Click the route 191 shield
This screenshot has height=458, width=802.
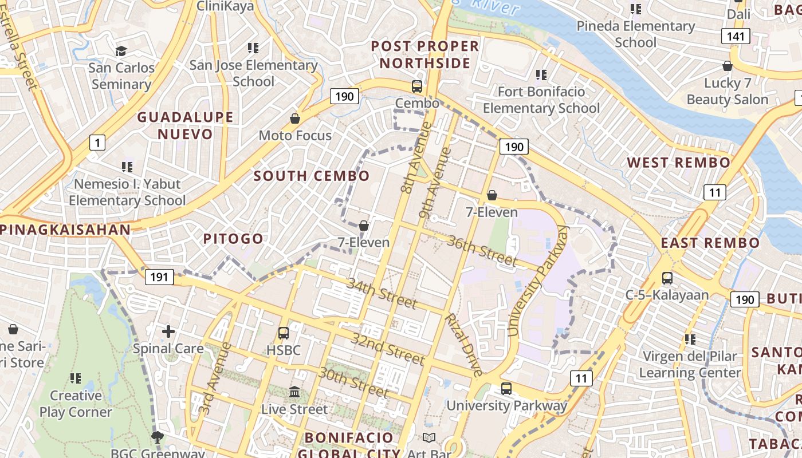[x=159, y=278]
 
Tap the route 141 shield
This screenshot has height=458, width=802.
[x=736, y=37]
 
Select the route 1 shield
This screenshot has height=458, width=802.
[x=97, y=142]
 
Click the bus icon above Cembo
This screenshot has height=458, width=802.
[x=417, y=86]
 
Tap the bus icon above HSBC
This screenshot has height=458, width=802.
[x=283, y=333]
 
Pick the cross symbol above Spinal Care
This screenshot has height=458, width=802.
[x=168, y=331]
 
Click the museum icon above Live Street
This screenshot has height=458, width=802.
[x=294, y=392]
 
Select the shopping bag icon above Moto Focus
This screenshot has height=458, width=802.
[x=295, y=119]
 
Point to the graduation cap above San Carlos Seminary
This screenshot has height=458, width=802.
[x=121, y=51]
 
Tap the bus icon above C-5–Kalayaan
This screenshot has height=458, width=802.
[x=667, y=278]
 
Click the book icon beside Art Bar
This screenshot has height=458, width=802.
[x=428, y=438]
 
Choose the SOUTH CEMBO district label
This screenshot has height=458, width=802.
[x=312, y=176]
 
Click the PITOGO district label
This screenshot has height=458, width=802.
[x=233, y=239]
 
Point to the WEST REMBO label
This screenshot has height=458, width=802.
[x=678, y=163]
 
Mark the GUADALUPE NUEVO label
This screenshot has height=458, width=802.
[x=185, y=125]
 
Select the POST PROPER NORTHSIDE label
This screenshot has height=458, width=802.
[x=424, y=54]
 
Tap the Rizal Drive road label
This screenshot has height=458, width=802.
[x=463, y=345]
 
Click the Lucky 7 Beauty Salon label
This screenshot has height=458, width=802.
[x=727, y=92]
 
